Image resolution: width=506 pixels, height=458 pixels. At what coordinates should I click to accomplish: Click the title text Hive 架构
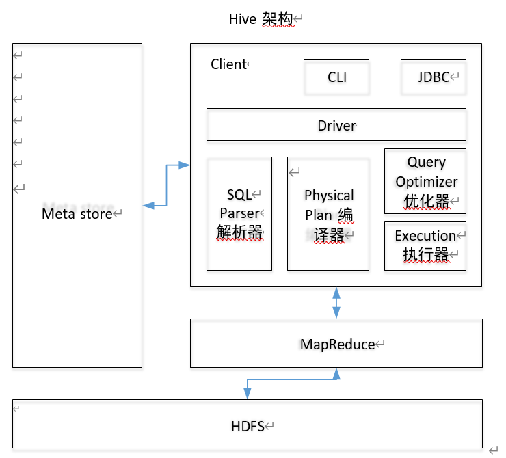coord(261,20)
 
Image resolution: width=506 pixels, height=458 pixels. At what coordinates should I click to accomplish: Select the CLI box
coord(336,77)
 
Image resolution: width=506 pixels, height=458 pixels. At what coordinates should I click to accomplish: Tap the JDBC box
coord(433,77)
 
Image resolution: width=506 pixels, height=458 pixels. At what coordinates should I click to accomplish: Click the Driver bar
coord(336,125)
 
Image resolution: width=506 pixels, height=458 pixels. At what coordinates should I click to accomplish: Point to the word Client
coord(228,64)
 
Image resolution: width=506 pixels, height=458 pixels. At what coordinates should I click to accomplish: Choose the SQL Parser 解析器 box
coord(239,213)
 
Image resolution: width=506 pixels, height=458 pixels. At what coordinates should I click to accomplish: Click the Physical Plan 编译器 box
coord(328,213)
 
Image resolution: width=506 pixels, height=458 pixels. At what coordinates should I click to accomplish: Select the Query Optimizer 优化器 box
coord(425,181)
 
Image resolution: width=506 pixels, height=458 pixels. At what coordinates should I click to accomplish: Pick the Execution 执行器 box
coord(425,245)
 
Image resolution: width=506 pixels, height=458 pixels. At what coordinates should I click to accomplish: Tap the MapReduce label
coord(337,345)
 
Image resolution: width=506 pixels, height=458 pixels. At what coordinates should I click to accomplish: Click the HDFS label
coord(248,427)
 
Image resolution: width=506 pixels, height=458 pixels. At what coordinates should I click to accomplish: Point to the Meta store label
coord(77,213)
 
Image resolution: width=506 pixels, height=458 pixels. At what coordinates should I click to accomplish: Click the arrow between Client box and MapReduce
coord(336,303)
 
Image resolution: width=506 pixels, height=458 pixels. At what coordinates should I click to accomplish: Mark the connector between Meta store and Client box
coord(166,185)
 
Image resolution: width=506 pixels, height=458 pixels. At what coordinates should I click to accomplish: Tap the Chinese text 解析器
coord(239,232)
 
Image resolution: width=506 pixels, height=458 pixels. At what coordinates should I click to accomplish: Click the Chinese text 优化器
coord(426,200)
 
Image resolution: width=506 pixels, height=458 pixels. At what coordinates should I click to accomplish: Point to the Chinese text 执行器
coord(425,254)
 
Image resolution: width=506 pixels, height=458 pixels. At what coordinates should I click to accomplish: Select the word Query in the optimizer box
coord(426,163)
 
